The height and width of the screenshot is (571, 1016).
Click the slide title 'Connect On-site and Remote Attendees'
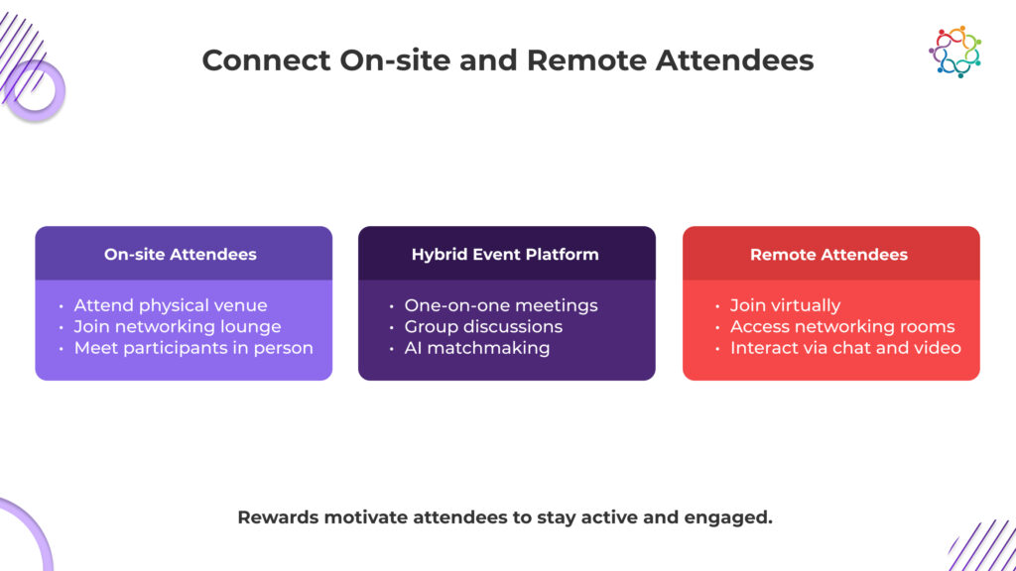pos(507,60)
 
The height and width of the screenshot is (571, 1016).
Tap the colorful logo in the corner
pos(954,52)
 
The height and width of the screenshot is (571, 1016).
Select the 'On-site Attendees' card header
pos(181,255)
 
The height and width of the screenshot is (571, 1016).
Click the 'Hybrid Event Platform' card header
pos(505,255)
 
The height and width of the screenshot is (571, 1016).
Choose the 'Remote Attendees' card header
pos(828,255)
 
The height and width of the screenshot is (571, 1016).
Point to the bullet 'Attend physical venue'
pos(170,305)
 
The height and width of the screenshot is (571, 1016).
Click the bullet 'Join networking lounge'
pos(177,327)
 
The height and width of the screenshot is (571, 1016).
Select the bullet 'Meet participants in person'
pos(193,348)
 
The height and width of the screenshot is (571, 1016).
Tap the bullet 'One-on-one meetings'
pos(501,305)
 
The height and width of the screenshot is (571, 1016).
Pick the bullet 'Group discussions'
pos(483,327)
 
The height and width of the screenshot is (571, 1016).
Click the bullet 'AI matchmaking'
pos(476,348)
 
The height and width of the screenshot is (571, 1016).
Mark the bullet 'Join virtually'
pos(785,305)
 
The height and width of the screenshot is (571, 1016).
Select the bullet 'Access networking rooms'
pos(842,327)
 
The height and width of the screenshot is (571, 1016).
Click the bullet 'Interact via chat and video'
pos(845,348)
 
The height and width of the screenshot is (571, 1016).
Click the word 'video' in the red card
pos(937,348)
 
